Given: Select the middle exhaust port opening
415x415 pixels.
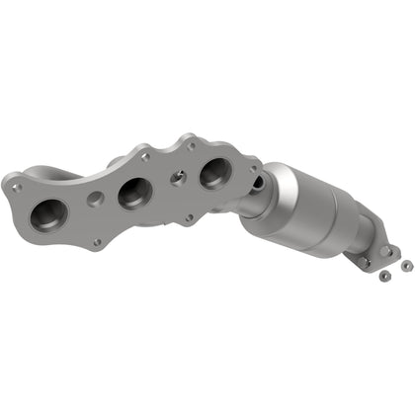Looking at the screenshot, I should (134, 193).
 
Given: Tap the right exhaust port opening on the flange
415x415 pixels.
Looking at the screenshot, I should (214, 173).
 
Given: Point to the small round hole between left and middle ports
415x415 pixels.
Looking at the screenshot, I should (95, 199).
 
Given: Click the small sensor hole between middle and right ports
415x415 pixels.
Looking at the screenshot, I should (177, 179).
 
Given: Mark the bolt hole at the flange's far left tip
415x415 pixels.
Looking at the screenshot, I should (16, 185).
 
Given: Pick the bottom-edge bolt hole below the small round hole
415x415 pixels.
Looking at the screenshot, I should (96, 241).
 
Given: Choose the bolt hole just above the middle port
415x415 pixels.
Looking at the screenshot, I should (145, 156).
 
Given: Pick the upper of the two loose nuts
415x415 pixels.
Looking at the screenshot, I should (405, 264).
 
